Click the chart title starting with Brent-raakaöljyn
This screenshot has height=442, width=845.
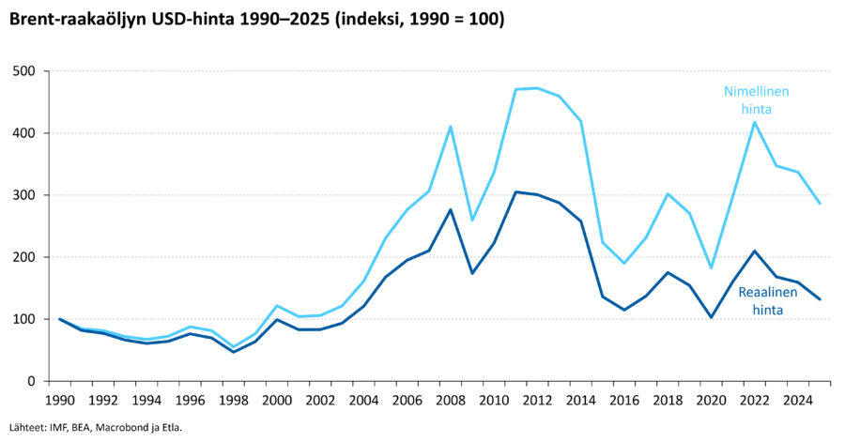[x=256, y=19]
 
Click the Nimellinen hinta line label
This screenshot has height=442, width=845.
[x=756, y=100]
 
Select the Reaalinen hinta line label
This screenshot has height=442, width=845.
[x=768, y=300]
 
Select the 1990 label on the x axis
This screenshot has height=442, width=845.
[x=59, y=400]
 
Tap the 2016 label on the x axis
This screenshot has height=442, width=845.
[x=624, y=400]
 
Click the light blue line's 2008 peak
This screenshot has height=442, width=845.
[x=451, y=127]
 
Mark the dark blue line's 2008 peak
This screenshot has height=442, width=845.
[x=451, y=209]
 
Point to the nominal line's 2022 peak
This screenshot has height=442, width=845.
[x=755, y=122]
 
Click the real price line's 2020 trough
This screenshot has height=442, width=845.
[x=712, y=317]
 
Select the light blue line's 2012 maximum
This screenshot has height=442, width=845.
[x=537, y=88]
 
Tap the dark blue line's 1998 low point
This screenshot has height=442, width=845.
[x=233, y=352]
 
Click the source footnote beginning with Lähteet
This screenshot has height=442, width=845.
[x=92, y=427]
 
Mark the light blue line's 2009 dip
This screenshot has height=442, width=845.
[x=472, y=221]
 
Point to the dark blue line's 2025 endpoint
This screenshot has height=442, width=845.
[x=820, y=299]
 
